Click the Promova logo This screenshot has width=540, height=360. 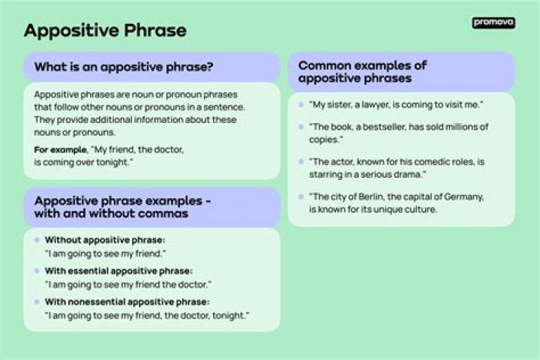493,22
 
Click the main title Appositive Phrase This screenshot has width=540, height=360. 105,31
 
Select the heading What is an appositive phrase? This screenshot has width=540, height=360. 124,67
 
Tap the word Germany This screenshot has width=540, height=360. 460,196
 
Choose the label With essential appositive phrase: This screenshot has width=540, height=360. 118,271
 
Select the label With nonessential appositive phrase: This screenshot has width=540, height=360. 127,301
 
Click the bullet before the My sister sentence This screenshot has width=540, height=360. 301,104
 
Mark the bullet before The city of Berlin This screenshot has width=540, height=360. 301,196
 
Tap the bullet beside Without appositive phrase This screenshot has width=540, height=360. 37,240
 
